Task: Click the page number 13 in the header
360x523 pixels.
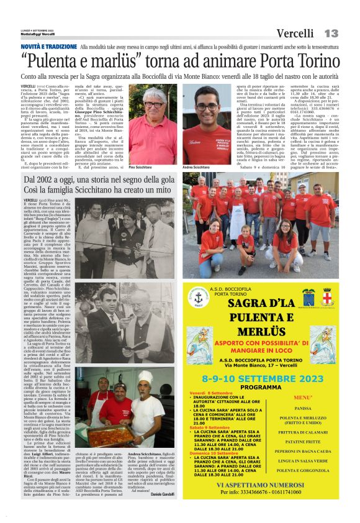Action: (x=331, y=33)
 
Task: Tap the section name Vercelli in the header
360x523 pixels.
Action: (x=295, y=33)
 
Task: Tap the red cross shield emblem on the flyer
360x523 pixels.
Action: (x=328, y=296)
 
